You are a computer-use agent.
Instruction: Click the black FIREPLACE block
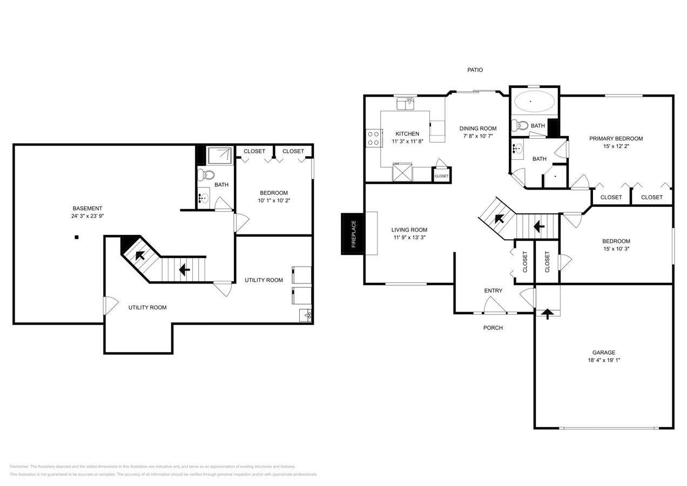pos(352,234)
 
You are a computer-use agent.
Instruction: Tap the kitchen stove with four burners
pos(374,138)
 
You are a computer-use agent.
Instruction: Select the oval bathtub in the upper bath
pos(534,101)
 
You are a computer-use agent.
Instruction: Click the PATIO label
pos(475,70)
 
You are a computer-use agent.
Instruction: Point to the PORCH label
pos(493,328)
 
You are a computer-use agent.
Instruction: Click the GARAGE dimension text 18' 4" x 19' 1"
pos(604,360)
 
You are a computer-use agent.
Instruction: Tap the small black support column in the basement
pos(77,237)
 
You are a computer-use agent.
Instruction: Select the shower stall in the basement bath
pos(220,156)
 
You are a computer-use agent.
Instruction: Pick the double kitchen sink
pos(406,104)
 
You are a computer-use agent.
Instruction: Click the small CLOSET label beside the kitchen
pos(441,176)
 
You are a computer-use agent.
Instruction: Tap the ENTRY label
pos(493,291)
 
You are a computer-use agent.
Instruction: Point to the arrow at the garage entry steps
pos(548,314)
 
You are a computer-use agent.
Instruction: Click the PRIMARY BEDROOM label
pos(616,139)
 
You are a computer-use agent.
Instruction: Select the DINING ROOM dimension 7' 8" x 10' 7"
pos(478,136)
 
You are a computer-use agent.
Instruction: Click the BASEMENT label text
pos(87,208)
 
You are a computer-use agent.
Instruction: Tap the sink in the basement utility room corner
pos(306,315)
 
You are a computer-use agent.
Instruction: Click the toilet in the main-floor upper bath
pos(520,125)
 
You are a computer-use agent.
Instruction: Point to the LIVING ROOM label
pos(409,230)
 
